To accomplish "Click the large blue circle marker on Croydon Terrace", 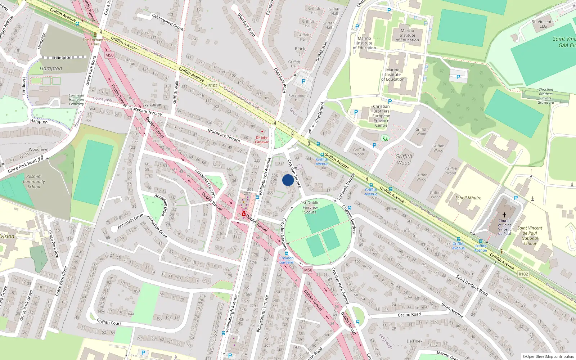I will pos(288,180).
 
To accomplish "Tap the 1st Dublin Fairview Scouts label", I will pos(310,207).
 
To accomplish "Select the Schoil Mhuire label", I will pos(468,198).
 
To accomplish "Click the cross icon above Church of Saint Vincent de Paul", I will pos(504,215).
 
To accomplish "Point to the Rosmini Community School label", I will pos(34,181).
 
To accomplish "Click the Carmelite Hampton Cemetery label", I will pos(76,100).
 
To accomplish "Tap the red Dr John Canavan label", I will pos(262,140).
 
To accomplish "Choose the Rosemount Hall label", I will pos(298,98).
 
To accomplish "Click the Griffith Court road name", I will pos(109,322).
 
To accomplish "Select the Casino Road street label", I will pos(409,315).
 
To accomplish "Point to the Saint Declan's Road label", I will pos(472,285).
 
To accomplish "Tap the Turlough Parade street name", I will pos(346,187).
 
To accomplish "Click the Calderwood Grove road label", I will pos(168,22).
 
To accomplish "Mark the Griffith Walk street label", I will pos(176,92).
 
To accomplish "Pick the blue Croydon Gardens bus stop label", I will pos(287,260).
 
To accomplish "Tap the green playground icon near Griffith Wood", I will pos(385,138).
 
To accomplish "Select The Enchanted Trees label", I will pos(95,42).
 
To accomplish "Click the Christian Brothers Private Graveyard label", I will pos(546,96).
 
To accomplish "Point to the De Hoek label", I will pos(414,341).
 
